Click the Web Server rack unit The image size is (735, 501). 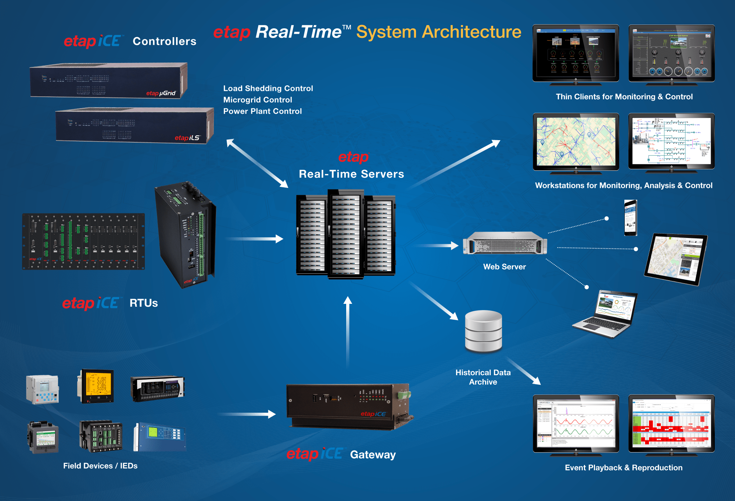click(x=505, y=243)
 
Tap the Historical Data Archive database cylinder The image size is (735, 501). click(x=483, y=331)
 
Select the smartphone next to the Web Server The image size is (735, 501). click(x=631, y=218)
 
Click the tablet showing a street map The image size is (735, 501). click(x=675, y=259)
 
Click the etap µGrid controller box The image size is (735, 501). click(x=108, y=81)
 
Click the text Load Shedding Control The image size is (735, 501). click(x=268, y=88)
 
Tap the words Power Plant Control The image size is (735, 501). click(x=262, y=111)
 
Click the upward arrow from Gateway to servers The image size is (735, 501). click(x=348, y=331)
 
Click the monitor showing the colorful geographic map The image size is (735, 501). click(x=576, y=142)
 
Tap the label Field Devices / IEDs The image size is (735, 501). click(x=100, y=466)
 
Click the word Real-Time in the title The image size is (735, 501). click(x=298, y=32)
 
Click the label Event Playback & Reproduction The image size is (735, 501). click(x=623, y=468)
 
